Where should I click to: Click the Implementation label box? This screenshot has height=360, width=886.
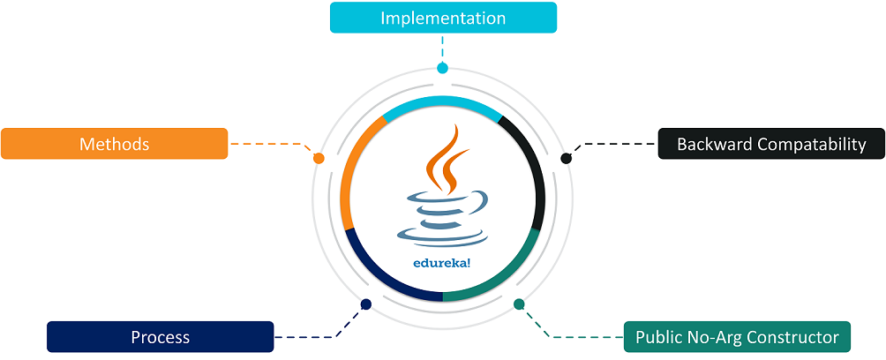pyautogui.click(x=443, y=18)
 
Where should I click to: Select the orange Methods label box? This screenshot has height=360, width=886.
pyautogui.click(x=114, y=144)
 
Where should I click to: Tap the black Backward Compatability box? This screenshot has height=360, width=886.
pyautogui.click(x=770, y=144)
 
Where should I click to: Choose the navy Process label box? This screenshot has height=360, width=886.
pyautogui.click(x=160, y=337)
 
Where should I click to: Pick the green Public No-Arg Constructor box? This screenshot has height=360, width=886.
pyautogui.click(x=737, y=337)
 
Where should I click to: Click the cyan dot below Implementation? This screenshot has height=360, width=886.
pyautogui.click(x=442, y=68)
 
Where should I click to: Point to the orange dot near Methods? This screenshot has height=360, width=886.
pyautogui.click(x=319, y=159)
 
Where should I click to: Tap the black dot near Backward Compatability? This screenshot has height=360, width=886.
pyautogui.click(x=567, y=159)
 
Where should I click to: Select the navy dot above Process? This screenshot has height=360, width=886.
pyautogui.click(x=365, y=304)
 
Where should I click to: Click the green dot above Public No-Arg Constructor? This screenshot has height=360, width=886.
pyautogui.click(x=519, y=304)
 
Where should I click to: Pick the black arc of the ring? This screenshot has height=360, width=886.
pyautogui.click(x=535, y=172)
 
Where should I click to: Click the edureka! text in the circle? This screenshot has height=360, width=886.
pyautogui.click(x=441, y=262)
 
